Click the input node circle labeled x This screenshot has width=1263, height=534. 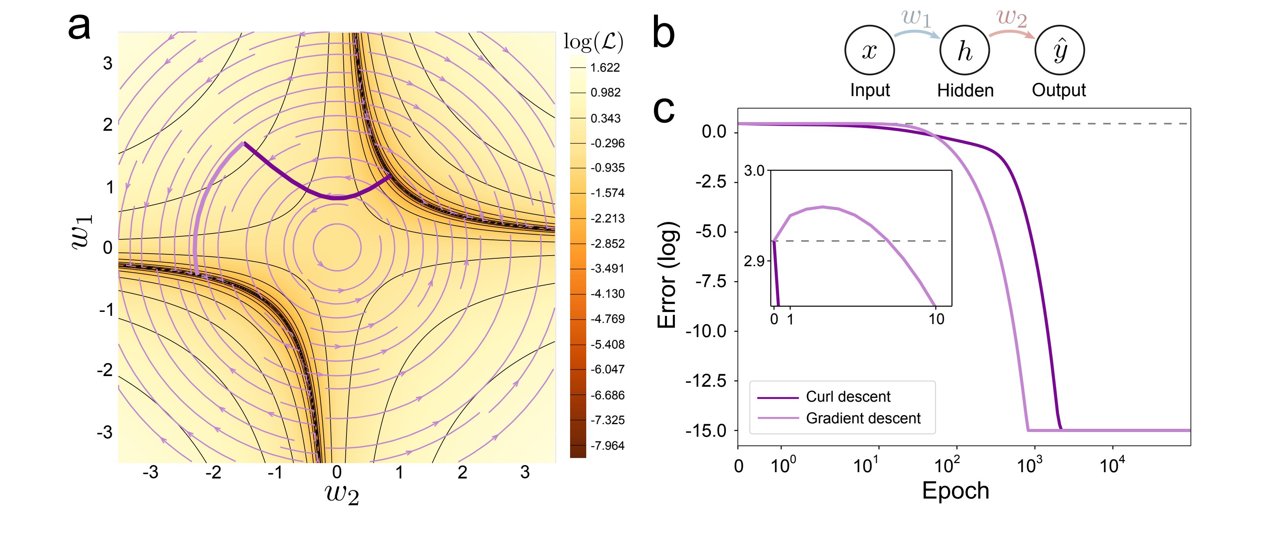[x=869, y=50]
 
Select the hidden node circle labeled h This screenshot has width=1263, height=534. [x=965, y=50]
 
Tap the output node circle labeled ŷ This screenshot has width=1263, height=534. [x=1059, y=50]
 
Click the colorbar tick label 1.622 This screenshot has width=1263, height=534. [x=605, y=68]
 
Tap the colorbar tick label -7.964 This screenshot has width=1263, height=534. [x=607, y=446]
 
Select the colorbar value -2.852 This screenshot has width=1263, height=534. [x=607, y=244]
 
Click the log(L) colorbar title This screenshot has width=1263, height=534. [x=593, y=42]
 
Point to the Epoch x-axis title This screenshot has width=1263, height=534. [x=956, y=491]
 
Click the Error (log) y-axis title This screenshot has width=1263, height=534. [x=667, y=274]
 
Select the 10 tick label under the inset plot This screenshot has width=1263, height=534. [x=936, y=319]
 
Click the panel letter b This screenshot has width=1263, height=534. [x=663, y=32]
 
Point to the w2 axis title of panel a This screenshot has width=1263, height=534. [x=342, y=494]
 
